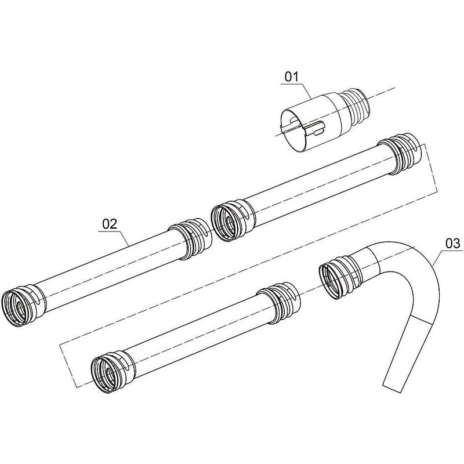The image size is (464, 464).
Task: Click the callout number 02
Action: point(110,223)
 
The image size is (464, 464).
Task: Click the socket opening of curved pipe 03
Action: point(335,279)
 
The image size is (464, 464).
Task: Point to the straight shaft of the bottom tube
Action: point(197,336)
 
